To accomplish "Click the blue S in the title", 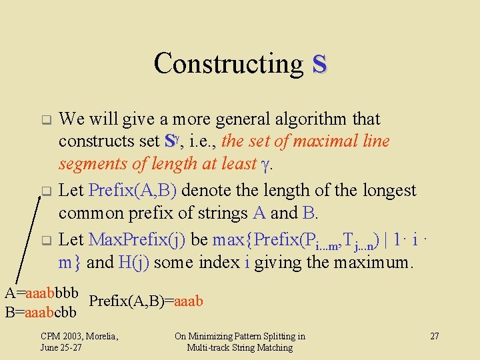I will pos(319,64).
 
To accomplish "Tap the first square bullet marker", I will pos(46,121).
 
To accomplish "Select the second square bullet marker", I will pos(46,193).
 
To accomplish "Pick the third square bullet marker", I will pos(46,240).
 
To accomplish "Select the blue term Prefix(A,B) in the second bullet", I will pos(132,191).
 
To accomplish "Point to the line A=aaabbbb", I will pos(42,293).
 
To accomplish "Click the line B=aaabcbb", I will pos(41,311).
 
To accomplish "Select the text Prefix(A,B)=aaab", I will pos(146,301).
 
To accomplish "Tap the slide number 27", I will pos(434,336).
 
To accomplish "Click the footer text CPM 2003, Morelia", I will pos(79,336).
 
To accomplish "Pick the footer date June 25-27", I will pos(61,347).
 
